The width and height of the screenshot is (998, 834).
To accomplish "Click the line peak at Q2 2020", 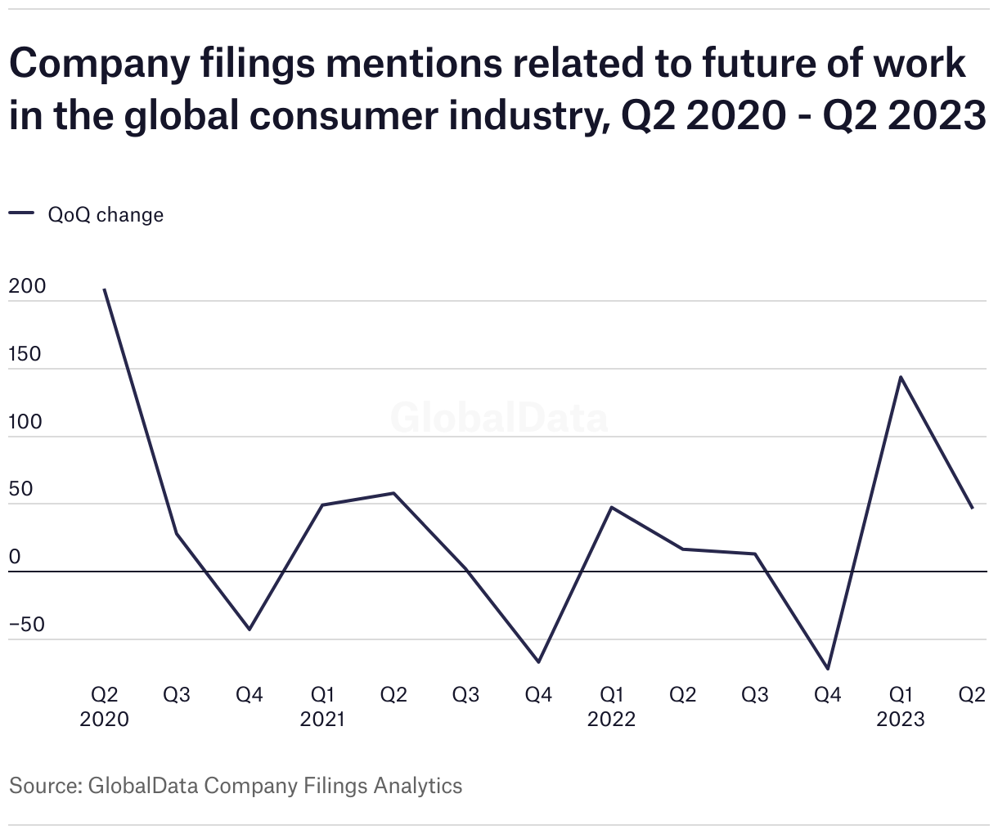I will [105, 289].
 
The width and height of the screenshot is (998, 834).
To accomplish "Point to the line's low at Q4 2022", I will [828, 669].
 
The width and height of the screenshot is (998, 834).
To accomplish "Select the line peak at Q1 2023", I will [901, 377].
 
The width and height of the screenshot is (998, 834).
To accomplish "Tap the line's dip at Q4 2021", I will [538, 661].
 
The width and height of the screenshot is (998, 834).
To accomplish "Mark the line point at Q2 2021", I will [393, 493].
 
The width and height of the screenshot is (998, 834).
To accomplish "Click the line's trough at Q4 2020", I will [249, 629].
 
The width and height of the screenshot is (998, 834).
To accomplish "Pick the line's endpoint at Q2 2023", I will [972, 508].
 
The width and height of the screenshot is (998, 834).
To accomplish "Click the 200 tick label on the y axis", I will [27, 287].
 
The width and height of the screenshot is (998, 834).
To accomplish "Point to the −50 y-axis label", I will [27, 625].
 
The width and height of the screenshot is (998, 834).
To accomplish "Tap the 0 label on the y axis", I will [15, 558].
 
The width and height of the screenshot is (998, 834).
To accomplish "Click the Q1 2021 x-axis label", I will [322, 706].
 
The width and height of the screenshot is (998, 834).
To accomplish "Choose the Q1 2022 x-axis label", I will [611, 706].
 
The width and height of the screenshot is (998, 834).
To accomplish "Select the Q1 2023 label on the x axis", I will [901, 706].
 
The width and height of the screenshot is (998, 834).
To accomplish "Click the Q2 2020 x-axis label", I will [105, 706].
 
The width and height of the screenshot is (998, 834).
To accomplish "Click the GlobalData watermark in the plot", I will [499, 418].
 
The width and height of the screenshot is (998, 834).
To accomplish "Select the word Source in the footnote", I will [43, 786].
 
